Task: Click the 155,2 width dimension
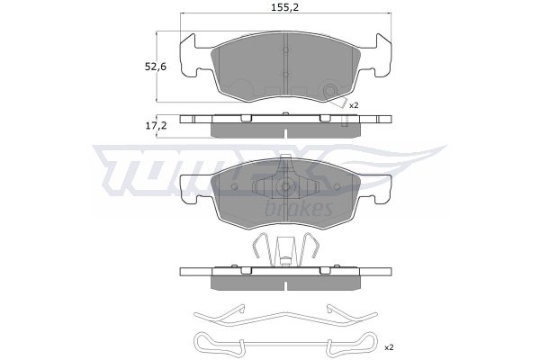point(284,7)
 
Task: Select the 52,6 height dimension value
point(156,67)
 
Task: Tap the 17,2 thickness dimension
point(156,126)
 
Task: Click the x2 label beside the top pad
point(354,105)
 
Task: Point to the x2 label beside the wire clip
point(389,347)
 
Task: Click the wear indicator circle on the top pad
point(329,91)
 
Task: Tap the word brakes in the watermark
point(300,208)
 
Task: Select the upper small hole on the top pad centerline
point(285,50)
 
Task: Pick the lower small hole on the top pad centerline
point(285,75)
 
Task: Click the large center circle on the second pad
point(285,186)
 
